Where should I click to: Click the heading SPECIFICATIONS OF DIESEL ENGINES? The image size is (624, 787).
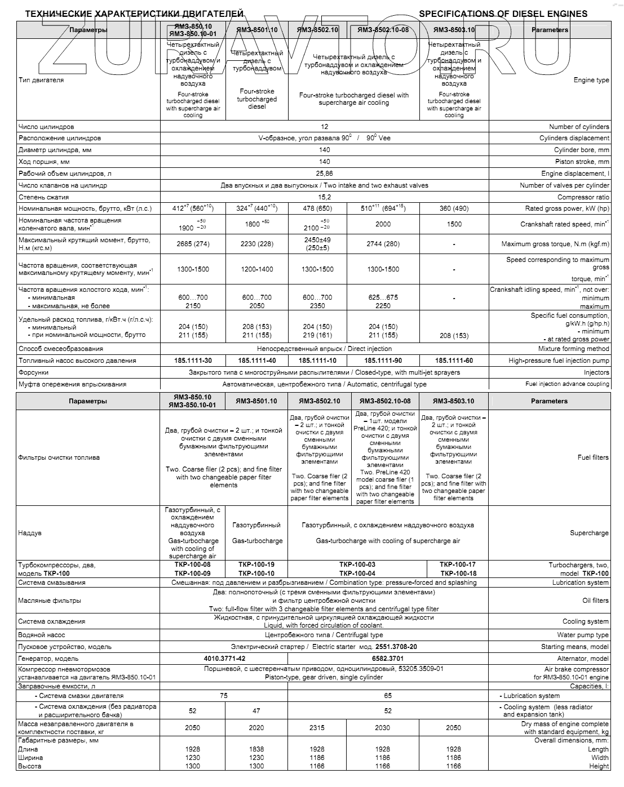(x=503, y=14)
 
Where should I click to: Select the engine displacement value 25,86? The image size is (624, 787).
(x=324, y=174)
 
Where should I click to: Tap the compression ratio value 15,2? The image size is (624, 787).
(x=324, y=197)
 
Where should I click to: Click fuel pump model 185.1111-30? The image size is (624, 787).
(x=193, y=361)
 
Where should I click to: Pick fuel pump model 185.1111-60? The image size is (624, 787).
(x=454, y=361)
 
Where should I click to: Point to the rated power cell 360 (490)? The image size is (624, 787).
(x=454, y=208)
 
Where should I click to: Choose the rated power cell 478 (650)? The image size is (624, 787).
(x=317, y=208)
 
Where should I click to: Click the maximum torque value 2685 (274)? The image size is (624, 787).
(x=193, y=244)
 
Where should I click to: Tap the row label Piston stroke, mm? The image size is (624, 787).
(x=582, y=162)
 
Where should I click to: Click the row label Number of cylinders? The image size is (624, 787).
(x=579, y=127)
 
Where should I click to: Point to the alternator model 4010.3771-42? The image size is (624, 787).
(x=224, y=659)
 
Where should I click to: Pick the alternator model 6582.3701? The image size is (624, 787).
(x=388, y=659)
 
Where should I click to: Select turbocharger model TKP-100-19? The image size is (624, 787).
(x=256, y=564)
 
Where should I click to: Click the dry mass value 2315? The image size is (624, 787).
(x=317, y=728)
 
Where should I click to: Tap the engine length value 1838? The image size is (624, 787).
(x=256, y=749)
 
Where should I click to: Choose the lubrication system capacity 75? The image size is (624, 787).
(x=224, y=696)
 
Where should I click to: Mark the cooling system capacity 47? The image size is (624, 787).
(x=256, y=711)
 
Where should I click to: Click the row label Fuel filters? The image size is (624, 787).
(x=593, y=457)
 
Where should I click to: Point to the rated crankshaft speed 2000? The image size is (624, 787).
(x=383, y=224)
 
